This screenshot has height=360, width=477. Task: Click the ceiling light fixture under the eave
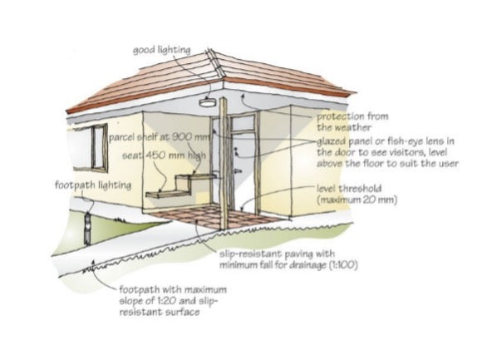208,101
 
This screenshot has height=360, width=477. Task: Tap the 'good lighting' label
162,50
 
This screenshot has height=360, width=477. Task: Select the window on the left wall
99,148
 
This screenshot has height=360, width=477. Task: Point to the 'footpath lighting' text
93,185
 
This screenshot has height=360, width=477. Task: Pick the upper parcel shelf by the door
194,176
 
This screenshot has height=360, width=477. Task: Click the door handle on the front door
238,171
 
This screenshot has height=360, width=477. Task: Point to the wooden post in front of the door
224,164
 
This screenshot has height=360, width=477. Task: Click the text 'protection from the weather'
352,121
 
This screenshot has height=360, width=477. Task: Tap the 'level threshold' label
349,189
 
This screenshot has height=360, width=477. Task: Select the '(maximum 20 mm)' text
357,200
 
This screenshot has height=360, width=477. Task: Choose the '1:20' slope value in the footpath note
167,301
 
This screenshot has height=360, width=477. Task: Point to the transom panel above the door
243,122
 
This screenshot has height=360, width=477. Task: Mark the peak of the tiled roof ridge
209,50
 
